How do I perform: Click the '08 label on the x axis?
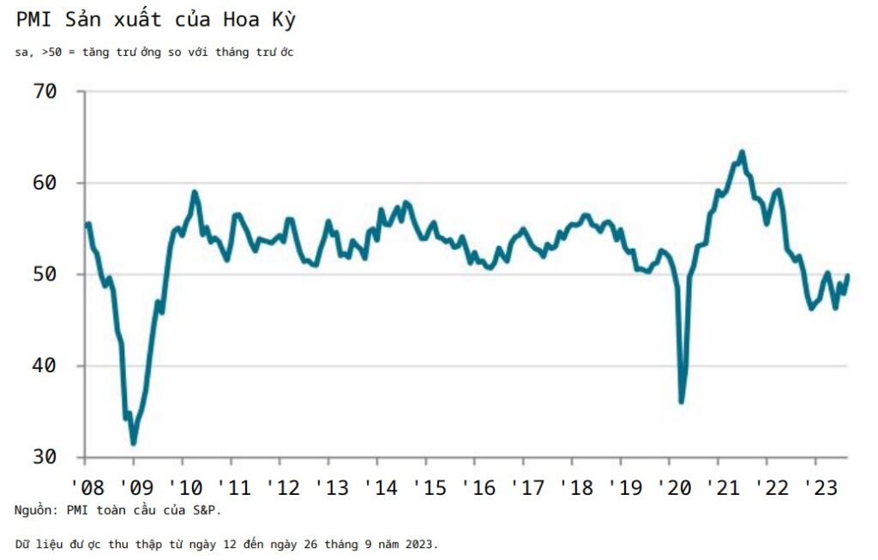88,488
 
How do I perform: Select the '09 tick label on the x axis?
137,488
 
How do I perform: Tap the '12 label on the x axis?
283,488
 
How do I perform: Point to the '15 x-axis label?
429,488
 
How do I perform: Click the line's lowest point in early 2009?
133,443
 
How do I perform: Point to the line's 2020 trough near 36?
682,401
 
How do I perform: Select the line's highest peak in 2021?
742,153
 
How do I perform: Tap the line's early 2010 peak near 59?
195,192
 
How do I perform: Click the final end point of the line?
848,275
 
